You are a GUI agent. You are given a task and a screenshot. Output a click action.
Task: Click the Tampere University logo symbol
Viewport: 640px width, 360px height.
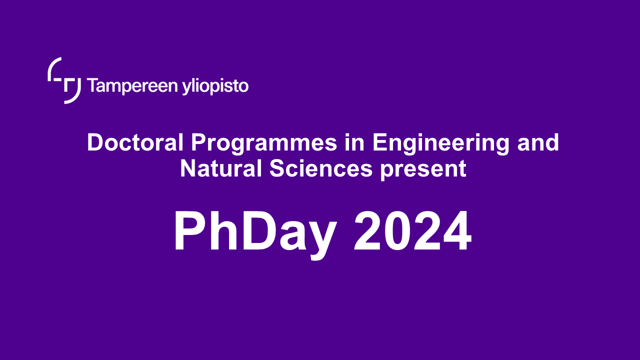64,80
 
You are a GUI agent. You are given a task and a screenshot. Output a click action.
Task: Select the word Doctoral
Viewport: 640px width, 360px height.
135,143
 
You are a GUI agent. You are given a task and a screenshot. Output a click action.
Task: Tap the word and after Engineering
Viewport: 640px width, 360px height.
538,143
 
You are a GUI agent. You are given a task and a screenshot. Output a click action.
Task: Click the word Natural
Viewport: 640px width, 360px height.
221,169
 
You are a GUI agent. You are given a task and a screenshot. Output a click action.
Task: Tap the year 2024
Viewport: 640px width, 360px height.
412,232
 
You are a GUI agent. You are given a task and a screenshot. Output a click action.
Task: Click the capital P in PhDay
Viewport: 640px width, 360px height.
189,232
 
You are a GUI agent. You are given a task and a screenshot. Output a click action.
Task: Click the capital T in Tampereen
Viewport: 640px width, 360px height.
92,86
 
